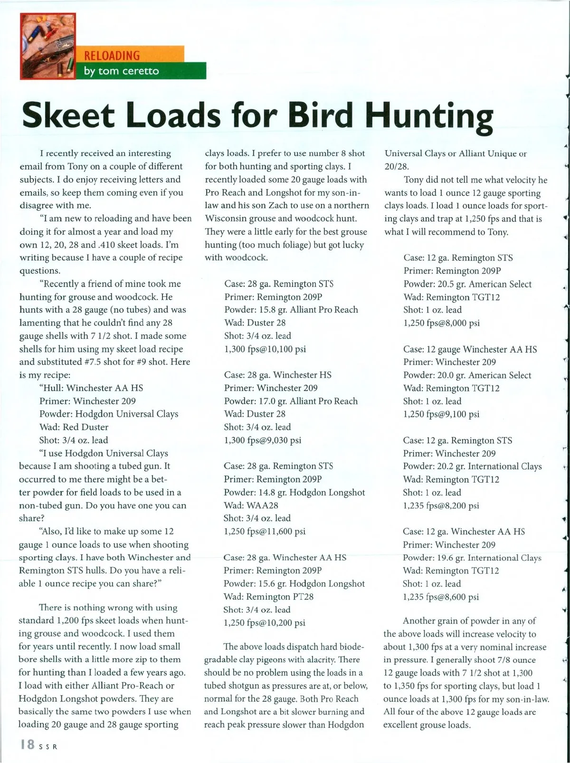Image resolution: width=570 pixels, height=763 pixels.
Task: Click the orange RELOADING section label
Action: (112, 56)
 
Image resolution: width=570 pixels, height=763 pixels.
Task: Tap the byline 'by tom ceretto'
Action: (121, 72)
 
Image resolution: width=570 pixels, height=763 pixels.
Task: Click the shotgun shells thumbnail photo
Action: (47, 46)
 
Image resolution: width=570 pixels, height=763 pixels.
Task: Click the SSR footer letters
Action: (48, 746)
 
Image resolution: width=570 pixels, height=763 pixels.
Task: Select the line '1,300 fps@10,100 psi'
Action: (265, 349)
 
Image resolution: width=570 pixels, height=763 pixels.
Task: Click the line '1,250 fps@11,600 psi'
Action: (265, 532)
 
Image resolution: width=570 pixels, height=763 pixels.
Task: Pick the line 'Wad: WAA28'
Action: (251, 505)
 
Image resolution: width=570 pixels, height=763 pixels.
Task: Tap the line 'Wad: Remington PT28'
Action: (268, 597)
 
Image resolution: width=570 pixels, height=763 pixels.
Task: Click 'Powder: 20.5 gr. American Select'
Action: (467, 284)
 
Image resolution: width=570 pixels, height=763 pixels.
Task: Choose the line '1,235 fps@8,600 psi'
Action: (441, 597)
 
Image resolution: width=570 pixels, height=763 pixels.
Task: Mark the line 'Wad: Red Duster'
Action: (74, 427)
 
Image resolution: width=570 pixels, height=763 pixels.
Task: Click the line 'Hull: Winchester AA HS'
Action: (91, 388)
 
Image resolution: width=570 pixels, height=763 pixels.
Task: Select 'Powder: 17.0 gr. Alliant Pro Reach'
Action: (291, 401)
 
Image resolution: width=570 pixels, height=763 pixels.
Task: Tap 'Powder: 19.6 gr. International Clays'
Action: (472, 558)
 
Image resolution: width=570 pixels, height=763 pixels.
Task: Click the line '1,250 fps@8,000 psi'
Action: (442, 323)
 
